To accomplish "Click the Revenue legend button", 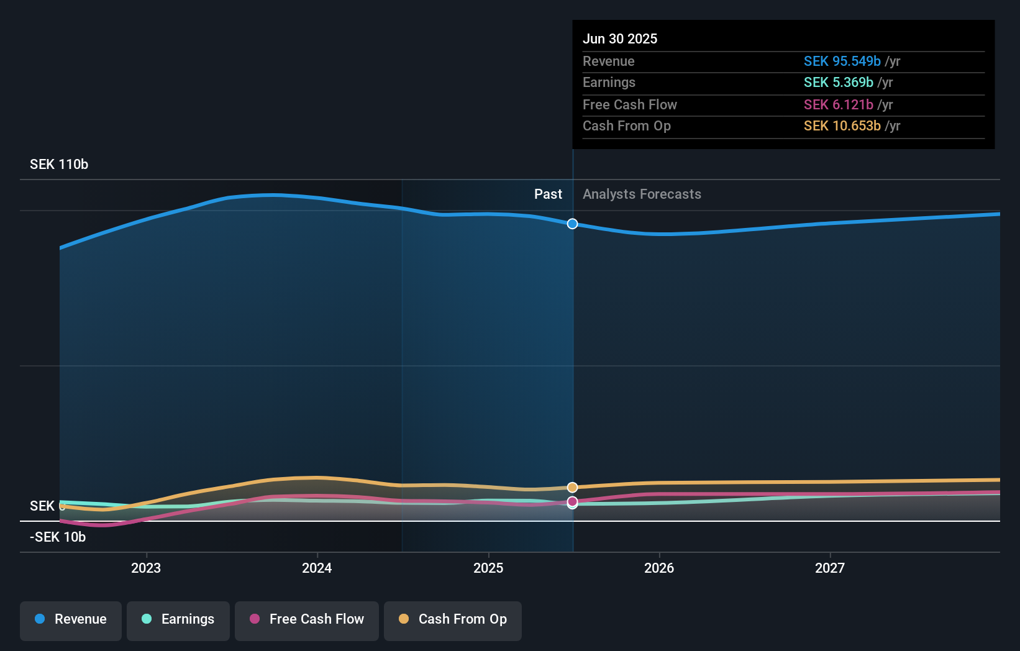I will click(71, 620).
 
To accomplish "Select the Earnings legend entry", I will click(178, 620).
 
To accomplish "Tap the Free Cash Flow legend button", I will click(307, 620).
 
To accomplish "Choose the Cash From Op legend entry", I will click(453, 620).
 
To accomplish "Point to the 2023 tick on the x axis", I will click(146, 568).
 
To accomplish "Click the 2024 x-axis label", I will click(317, 568).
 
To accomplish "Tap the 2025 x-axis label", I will click(488, 568).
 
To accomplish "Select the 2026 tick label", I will click(659, 568).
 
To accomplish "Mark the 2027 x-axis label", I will click(830, 568).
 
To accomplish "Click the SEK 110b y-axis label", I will click(59, 165).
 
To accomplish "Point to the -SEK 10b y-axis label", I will click(58, 537).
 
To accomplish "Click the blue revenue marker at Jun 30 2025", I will click(572, 224).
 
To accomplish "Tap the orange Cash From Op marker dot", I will click(572, 488).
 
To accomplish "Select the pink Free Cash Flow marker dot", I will click(572, 501).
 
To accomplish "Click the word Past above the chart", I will click(548, 194).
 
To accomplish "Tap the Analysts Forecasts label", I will click(642, 194).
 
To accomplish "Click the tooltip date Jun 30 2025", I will click(620, 39).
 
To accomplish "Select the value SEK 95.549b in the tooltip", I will click(842, 61).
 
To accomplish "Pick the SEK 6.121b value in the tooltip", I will click(838, 105).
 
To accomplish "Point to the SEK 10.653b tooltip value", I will click(842, 126).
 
